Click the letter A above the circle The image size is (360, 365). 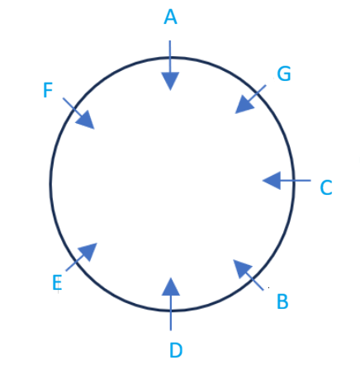pos(170,17)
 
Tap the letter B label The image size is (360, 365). pos(282,301)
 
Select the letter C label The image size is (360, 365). pos(326,187)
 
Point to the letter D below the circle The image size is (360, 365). pos(176,350)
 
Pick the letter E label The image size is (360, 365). pos(57,282)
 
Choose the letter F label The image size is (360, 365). pos(48,90)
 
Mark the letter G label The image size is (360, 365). pos(284,73)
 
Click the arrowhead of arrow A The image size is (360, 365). pos(170,81)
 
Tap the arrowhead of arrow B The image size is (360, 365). pos(241,268)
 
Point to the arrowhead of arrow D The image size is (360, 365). pos(171,287)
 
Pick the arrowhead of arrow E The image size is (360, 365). pos(88,251)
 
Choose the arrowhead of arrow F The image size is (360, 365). pos(86,121)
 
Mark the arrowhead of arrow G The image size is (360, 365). pos(244,105)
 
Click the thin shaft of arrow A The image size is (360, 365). pos(170,56)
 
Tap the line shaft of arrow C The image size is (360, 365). pos(296,181)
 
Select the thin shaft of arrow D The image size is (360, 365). pos(171,313)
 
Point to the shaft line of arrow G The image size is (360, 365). pos(258,92)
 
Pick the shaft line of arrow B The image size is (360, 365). pos(255,282)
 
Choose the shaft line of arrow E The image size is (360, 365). pos(75,263)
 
